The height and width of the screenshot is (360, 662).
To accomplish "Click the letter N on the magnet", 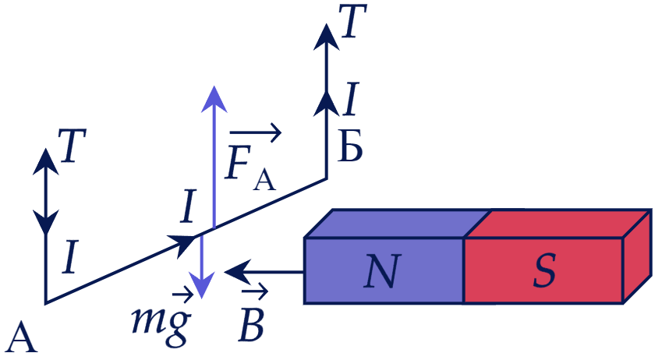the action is coord(381,271).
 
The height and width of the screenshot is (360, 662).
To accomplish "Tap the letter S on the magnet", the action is coord(543,271).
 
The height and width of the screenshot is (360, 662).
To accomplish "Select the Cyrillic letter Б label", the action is coord(350,146).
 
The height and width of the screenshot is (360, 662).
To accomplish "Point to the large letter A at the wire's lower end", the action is coord(22,337).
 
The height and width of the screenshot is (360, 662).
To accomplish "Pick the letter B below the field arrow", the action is coord(251,325).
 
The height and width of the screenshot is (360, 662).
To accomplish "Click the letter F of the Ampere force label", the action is coord(239,161).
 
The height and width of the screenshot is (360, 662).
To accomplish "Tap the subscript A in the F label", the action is coord(264,180).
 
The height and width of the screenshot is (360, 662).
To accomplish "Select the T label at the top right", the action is coord(352,21).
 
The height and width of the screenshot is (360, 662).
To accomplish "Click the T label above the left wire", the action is coord(73,145).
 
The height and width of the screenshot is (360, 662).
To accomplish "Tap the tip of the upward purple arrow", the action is coord(214,87).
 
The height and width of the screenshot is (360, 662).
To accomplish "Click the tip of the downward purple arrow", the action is coord(202,298).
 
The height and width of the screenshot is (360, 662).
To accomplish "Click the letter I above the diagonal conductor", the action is coord(188,206).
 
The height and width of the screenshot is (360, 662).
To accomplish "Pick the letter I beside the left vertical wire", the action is coord(70,256).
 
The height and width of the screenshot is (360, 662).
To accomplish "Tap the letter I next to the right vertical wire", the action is coord(350,99).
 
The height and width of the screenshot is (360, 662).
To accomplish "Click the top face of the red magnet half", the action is coord(558,224).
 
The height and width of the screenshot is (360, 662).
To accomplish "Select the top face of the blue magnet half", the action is coord(397,224).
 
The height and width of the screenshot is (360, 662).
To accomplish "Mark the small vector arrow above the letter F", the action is coord(255,133).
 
